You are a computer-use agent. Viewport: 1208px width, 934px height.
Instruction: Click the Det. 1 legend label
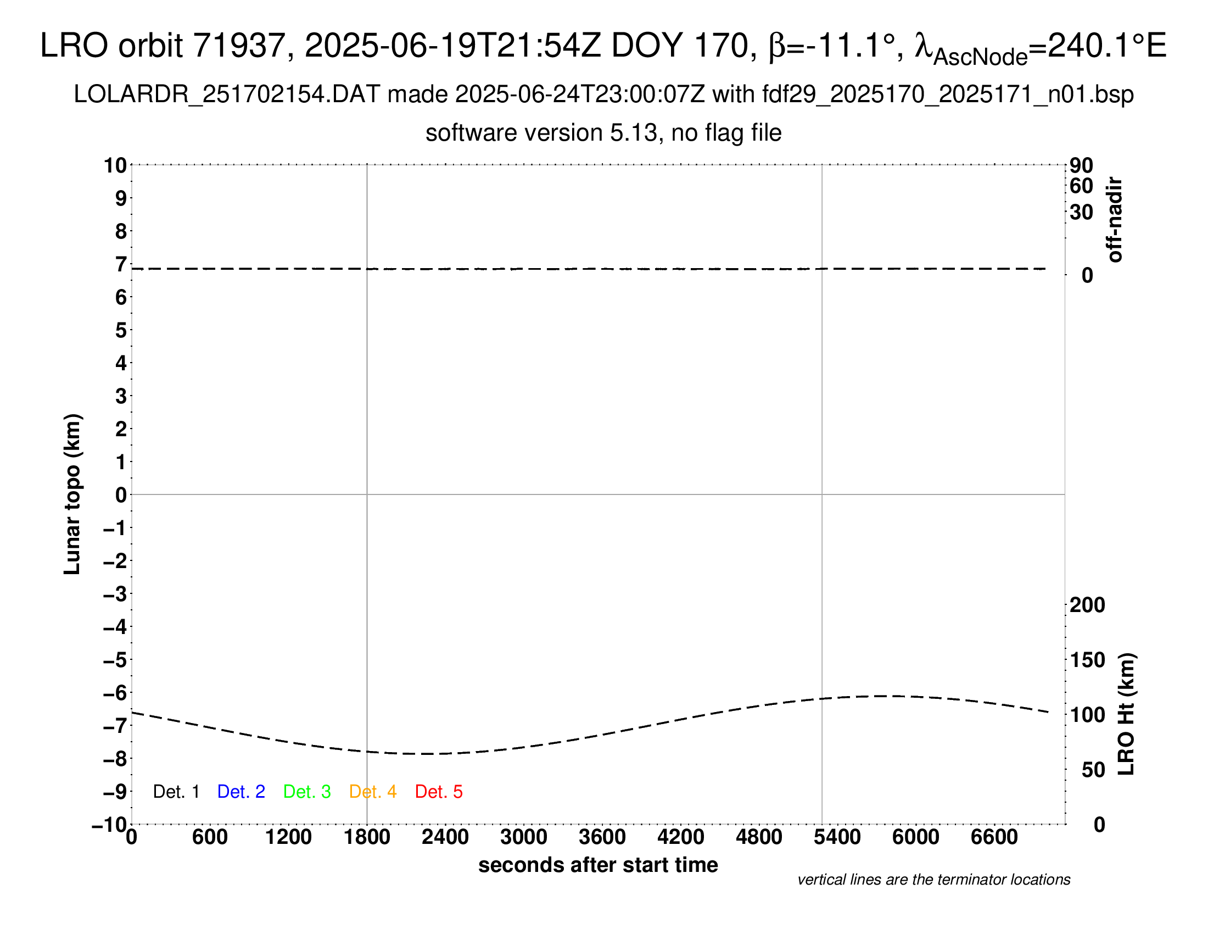coord(176,792)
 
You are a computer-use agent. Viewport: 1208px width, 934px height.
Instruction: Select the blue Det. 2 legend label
coord(241,792)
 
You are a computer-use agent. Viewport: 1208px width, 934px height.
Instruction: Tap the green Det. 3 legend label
coord(307,792)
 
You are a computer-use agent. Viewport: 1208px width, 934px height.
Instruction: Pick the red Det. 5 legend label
coord(439,792)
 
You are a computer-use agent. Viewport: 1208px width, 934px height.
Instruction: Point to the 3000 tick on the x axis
coord(523,837)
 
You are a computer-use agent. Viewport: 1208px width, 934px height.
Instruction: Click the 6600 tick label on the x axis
coord(994,837)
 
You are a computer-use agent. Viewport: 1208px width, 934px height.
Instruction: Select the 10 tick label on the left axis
coord(115,165)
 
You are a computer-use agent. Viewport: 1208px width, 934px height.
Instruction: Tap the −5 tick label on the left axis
coord(115,660)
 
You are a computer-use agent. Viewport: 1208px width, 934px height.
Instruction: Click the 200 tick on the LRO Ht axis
coord(1087,605)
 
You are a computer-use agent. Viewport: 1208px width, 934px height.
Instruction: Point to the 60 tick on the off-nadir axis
coord(1081,186)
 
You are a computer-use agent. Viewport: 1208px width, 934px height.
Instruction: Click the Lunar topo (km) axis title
coord(72,494)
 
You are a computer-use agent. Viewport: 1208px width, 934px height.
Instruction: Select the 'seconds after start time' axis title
coord(598,865)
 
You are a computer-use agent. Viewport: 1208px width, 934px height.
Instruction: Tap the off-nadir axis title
coord(1115,220)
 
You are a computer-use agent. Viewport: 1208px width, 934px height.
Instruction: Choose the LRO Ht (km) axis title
coord(1126,714)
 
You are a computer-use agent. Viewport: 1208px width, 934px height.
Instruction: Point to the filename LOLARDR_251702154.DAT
coord(227,94)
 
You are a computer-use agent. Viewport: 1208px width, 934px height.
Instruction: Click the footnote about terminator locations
coord(933,880)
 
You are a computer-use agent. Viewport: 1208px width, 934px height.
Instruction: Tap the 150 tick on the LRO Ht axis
coord(1087,660)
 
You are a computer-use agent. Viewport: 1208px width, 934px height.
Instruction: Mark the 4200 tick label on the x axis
coord(680,837)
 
